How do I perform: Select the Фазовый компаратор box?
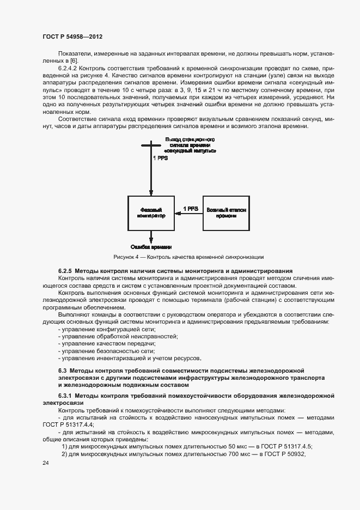click(151, 212)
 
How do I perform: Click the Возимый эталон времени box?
click(226, 212)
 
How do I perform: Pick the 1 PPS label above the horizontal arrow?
click(190, 209)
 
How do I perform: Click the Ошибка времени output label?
click(151, 246)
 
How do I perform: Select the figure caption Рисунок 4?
click(188, 257)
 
